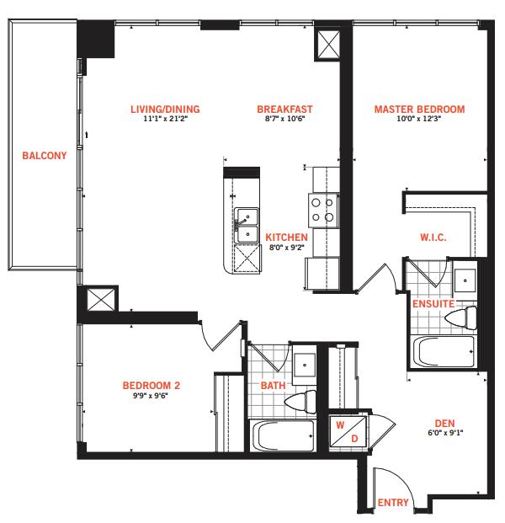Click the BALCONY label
click(x=45, y=156)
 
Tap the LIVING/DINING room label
click(x=165, y=109)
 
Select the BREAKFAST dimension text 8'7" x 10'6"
click(x=285, y=119)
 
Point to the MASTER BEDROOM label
click(x=419, y=109)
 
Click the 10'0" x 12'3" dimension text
click(x=419, y=119)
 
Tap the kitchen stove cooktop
click(x=323, y=211)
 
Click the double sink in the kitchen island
click(x=247, y=226)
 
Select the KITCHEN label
click(x=286, y=237)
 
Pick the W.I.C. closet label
click(x=433, y=237)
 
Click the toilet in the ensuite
click(x=461, y=318)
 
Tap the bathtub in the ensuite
click(x=444, y=351)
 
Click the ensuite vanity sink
click(x=465, y=280)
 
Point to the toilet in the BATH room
click(x=300, y=402)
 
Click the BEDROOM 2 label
click(x=151, y=386)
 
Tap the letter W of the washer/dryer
click(x=340, y=425)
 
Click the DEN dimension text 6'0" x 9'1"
click(x=445, y=433)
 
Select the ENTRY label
click(x=393, y=502)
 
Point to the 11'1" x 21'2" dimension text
click(x=166, y=119)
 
